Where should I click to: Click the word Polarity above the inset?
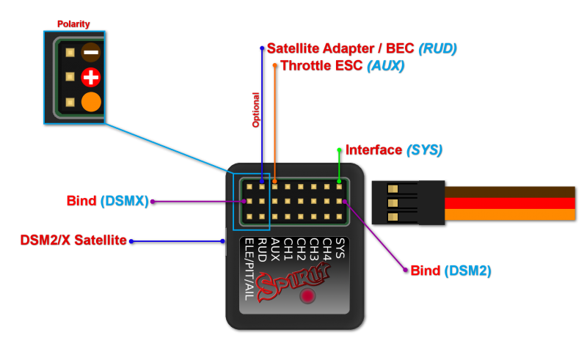[73, 24]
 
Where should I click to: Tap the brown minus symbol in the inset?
[91, 52]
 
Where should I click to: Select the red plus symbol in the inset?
[91, 76]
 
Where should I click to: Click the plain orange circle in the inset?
[91, 101]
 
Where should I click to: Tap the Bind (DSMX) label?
[107, 201]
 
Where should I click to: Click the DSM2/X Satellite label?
[73, 240]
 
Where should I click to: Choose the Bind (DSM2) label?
[450, 271]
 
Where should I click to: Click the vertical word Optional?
[256, 109]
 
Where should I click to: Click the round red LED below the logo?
[308, 296]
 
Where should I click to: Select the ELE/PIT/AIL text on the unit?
[249, 269]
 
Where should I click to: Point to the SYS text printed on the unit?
[340, 244]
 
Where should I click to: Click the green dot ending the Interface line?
[339, 150]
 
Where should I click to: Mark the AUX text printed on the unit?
[274, 246]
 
